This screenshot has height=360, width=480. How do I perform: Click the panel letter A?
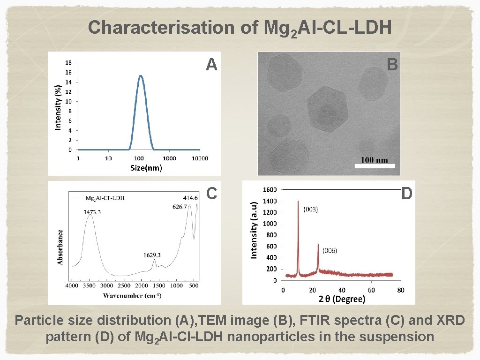tap(211, 65)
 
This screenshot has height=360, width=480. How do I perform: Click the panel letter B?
tap(392, 65)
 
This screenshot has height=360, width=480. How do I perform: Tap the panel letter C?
tap(211, 193)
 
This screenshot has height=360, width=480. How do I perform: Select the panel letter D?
tap(406, 193)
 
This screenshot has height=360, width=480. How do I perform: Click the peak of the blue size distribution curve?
tap(140, 76)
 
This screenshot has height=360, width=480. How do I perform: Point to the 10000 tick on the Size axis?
tap(200, 158)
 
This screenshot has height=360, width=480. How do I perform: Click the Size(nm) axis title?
tap(146, 168)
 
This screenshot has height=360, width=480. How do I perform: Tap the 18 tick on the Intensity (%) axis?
tap(68, 63)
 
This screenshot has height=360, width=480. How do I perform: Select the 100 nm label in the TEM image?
tap(375, 160)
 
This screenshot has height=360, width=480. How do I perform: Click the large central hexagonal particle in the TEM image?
tap(327, 109)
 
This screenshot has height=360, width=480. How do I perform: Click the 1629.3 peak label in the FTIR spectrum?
tap(152, 255)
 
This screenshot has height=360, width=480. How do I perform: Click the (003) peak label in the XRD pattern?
tap(311, 210)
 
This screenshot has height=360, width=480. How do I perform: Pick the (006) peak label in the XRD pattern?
tap(329, 251)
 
